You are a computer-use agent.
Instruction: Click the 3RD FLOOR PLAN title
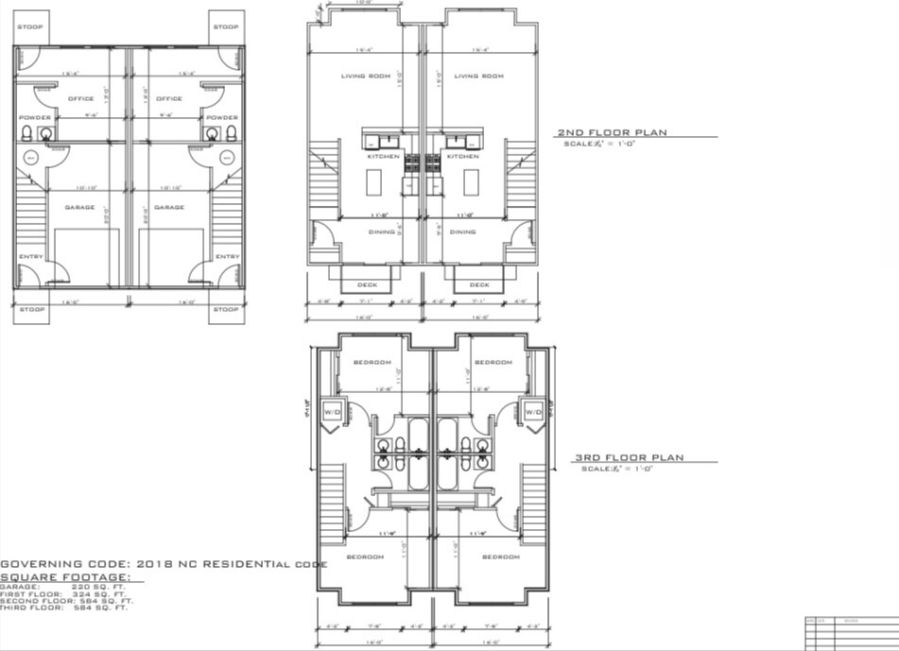coord(629,458)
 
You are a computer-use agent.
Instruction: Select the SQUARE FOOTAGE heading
coord(65,577)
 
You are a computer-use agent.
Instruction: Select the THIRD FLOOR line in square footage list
coord(67,608)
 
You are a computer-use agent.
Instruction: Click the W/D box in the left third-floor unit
coord(332,412)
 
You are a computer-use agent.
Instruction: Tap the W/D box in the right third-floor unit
coord(533,412)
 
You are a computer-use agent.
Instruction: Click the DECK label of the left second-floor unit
coord(368,284)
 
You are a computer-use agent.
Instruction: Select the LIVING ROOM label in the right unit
coord(479,77)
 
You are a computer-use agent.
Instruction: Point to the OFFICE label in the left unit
coord(80,98)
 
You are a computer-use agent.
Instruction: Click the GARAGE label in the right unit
coord(169,207)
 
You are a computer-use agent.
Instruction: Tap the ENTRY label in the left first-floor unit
coord(31,256)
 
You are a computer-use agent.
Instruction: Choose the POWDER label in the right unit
coord(222,118)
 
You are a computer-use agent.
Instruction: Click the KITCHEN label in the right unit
coord(462,156)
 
